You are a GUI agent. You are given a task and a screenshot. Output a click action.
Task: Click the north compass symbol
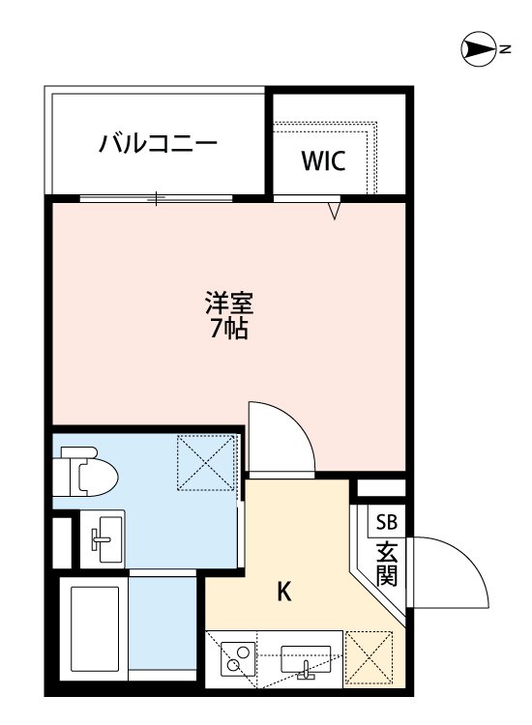476,48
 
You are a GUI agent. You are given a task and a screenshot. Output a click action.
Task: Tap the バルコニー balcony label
158,145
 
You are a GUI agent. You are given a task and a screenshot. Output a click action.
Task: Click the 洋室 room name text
229,304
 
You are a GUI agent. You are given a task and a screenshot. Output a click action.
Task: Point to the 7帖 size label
229,329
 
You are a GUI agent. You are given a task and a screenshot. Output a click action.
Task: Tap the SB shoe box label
386,523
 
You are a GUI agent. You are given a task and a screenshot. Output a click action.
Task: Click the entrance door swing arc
454,571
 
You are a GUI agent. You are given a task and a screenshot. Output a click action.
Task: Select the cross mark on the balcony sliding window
156,199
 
